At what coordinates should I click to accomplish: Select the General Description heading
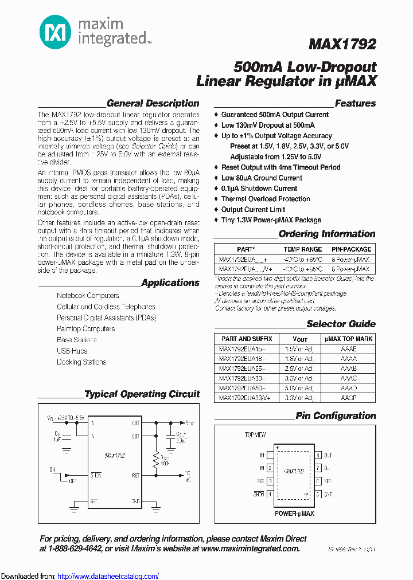click(153, 104)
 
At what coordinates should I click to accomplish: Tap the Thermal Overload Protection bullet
click(266, 199)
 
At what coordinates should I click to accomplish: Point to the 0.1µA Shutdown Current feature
click(259, 189)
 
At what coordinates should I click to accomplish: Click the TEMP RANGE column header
click(302, 249)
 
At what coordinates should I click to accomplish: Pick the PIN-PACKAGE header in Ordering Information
click(351, 249)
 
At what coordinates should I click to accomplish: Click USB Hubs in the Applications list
click(72, 351)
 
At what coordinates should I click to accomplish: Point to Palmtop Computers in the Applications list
click(85, 329)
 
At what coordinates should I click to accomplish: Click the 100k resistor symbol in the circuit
click(155, 458)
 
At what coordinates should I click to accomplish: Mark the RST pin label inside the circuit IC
click(135, 475)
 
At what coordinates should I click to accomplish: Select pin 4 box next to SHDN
click(270, 493)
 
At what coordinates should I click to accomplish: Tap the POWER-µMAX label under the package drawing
click(294, 514)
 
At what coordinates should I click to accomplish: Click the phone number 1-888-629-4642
click(75, 548)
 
